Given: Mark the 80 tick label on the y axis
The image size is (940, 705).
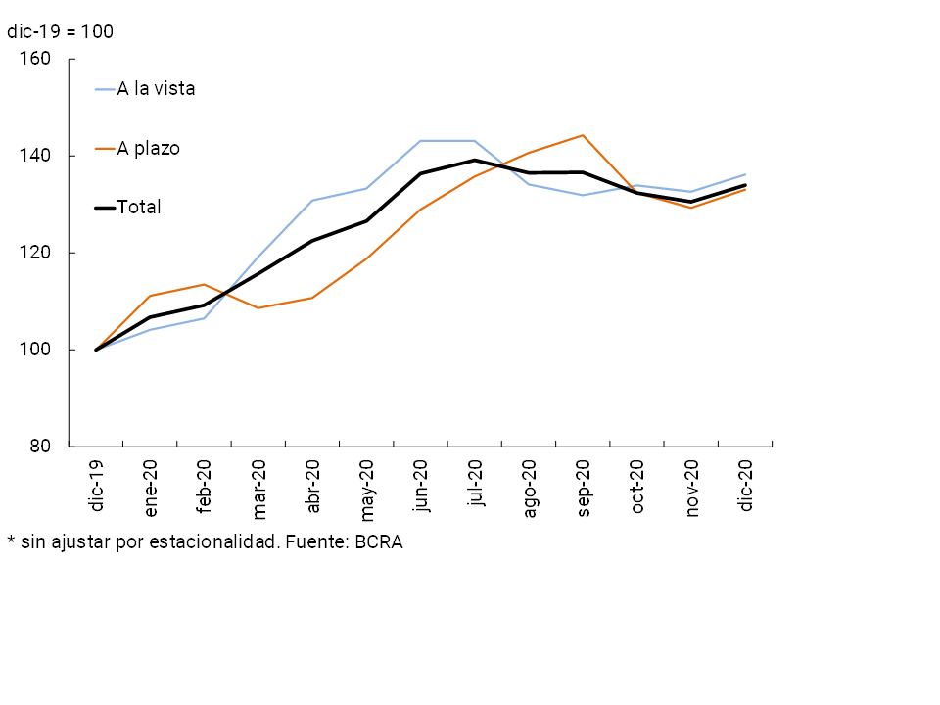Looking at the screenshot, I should click(x=39, y=446).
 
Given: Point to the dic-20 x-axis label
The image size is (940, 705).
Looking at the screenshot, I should click(x=746, y=488).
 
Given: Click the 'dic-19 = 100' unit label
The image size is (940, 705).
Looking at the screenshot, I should click(x=60, y=31).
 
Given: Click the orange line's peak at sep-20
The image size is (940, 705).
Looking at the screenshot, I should click(x=584, y=135).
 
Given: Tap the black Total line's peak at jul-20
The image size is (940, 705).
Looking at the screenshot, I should click(x=475, y=160).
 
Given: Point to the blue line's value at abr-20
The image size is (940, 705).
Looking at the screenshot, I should click(x=312, y=201).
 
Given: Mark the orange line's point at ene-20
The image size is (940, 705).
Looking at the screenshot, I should click(x=150, y=296).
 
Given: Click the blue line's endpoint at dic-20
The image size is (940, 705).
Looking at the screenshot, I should click(x=745, y=174).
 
